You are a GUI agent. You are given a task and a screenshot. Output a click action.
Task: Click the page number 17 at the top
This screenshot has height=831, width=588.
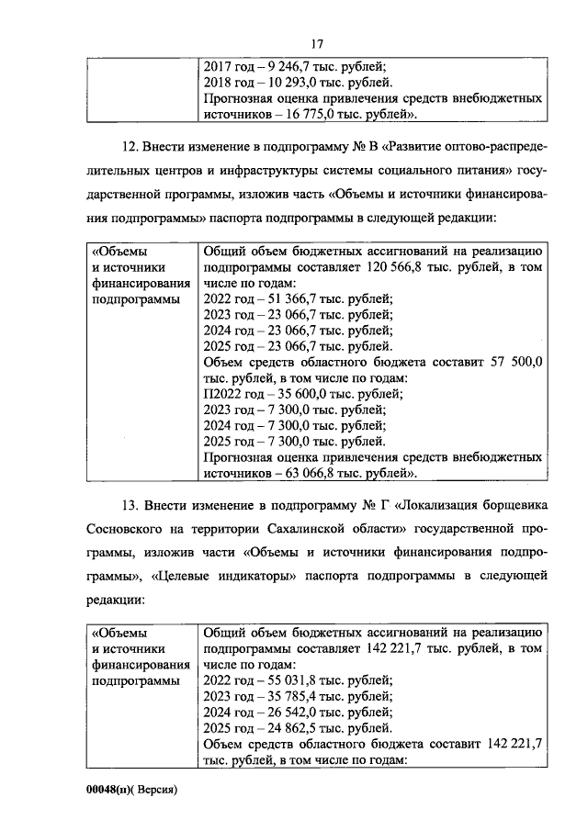[x=317, y=43]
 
